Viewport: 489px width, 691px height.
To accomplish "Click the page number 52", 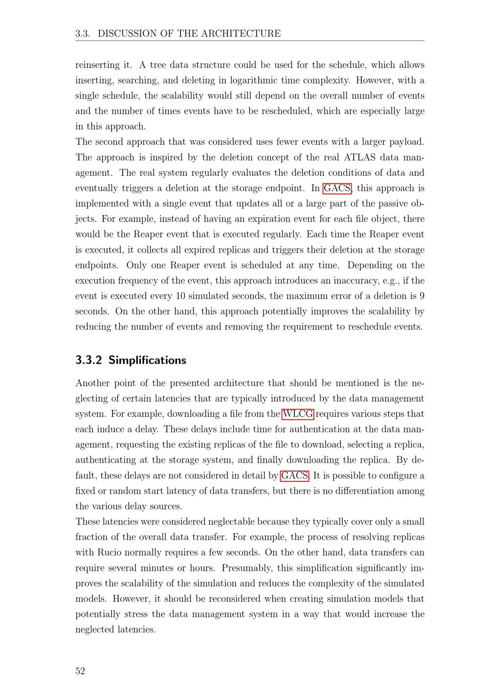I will click(80, 671).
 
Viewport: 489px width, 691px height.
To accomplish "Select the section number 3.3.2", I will click(89, 360).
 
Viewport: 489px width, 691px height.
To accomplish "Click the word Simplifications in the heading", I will click(147, 360).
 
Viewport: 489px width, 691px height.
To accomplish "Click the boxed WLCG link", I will click(298, 414).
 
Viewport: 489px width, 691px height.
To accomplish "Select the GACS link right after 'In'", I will click(337, 188).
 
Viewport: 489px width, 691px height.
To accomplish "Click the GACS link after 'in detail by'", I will click(294, 475).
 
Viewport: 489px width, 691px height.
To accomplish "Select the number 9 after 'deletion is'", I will click(422, 296).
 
